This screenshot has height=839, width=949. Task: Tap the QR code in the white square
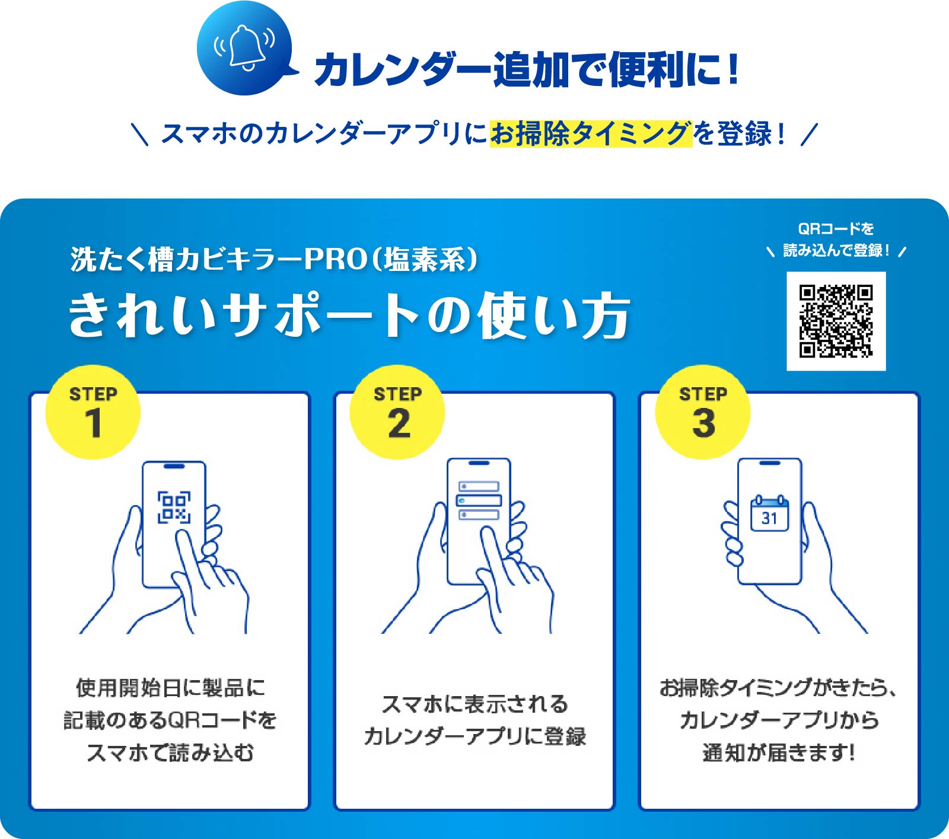[836, 321]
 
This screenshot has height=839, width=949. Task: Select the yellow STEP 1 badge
[93, 412]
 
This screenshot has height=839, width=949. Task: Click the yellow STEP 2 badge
[397, 412]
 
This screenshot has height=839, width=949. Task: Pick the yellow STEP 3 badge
[703, 412]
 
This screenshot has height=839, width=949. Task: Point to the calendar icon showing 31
[769, 513]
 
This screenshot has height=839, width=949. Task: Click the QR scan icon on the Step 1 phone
[174, 507]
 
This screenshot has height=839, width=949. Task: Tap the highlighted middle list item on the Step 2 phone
[479, 500]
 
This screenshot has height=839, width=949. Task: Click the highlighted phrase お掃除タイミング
[591, 133]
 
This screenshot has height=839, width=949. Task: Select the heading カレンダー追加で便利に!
[527, 69]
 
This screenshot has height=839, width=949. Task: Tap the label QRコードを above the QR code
[836, 229]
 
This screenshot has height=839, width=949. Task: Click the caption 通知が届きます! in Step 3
[779, 752]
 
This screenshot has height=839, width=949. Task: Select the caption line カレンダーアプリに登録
[475, 736]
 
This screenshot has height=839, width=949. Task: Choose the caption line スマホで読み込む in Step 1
[170, 752]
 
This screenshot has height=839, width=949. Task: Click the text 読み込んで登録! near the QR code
[836, 251]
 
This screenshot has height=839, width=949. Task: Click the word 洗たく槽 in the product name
[122, 259]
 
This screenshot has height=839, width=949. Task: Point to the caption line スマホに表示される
[475, 704]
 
